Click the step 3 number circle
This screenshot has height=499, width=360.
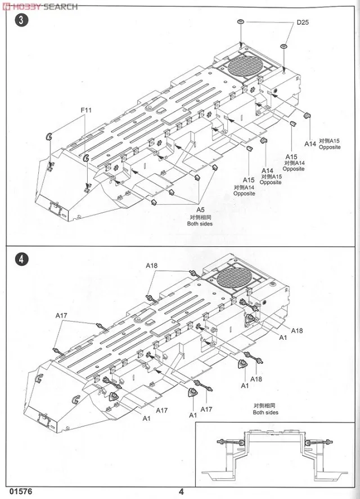click(21, 23)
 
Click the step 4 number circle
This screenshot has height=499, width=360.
click(21, 259)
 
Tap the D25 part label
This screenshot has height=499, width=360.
click(303, 23)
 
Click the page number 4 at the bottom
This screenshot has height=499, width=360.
click(181, 491)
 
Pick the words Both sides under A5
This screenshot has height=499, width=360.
click(199, 223)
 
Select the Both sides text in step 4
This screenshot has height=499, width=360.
click(265, 412)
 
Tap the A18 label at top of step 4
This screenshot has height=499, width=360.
click(152, 265)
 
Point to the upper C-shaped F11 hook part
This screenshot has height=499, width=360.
click(48, 136)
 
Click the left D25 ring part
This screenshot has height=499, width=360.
click(240, 22)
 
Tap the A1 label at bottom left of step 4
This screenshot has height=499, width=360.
click(146, 419)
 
